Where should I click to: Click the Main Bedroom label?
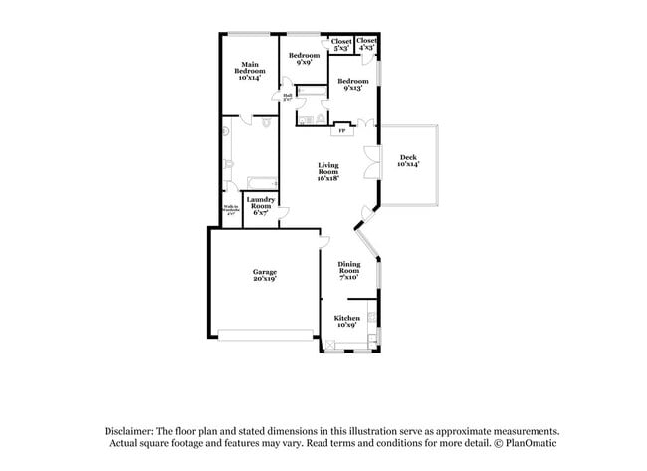pyautogui.click(x=250, y=71)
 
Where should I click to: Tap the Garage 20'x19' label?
pyautogui.click(x=264, y=275)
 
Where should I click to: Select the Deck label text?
pyautogui.click(x=409, y=161)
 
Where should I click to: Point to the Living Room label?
pyautogui.click(x=328, y=171)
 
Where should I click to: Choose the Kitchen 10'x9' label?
pyautogui.click(x=346, y=321)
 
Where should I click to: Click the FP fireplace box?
pyautogui.click(x=342, y=129)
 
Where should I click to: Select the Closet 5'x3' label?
pyautogui.click(x=341, y=45)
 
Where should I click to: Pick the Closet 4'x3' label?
pyautogui.click(x=366, y=45)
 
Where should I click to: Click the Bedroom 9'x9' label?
pyautogui.click(x=304, y=59)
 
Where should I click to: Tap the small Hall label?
pyautogui.click(x=287, y=98)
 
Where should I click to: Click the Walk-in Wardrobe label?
pyautogui.click(x=231, y=211)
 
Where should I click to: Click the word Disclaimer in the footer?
pyautogui.click(x=133, y=430)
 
